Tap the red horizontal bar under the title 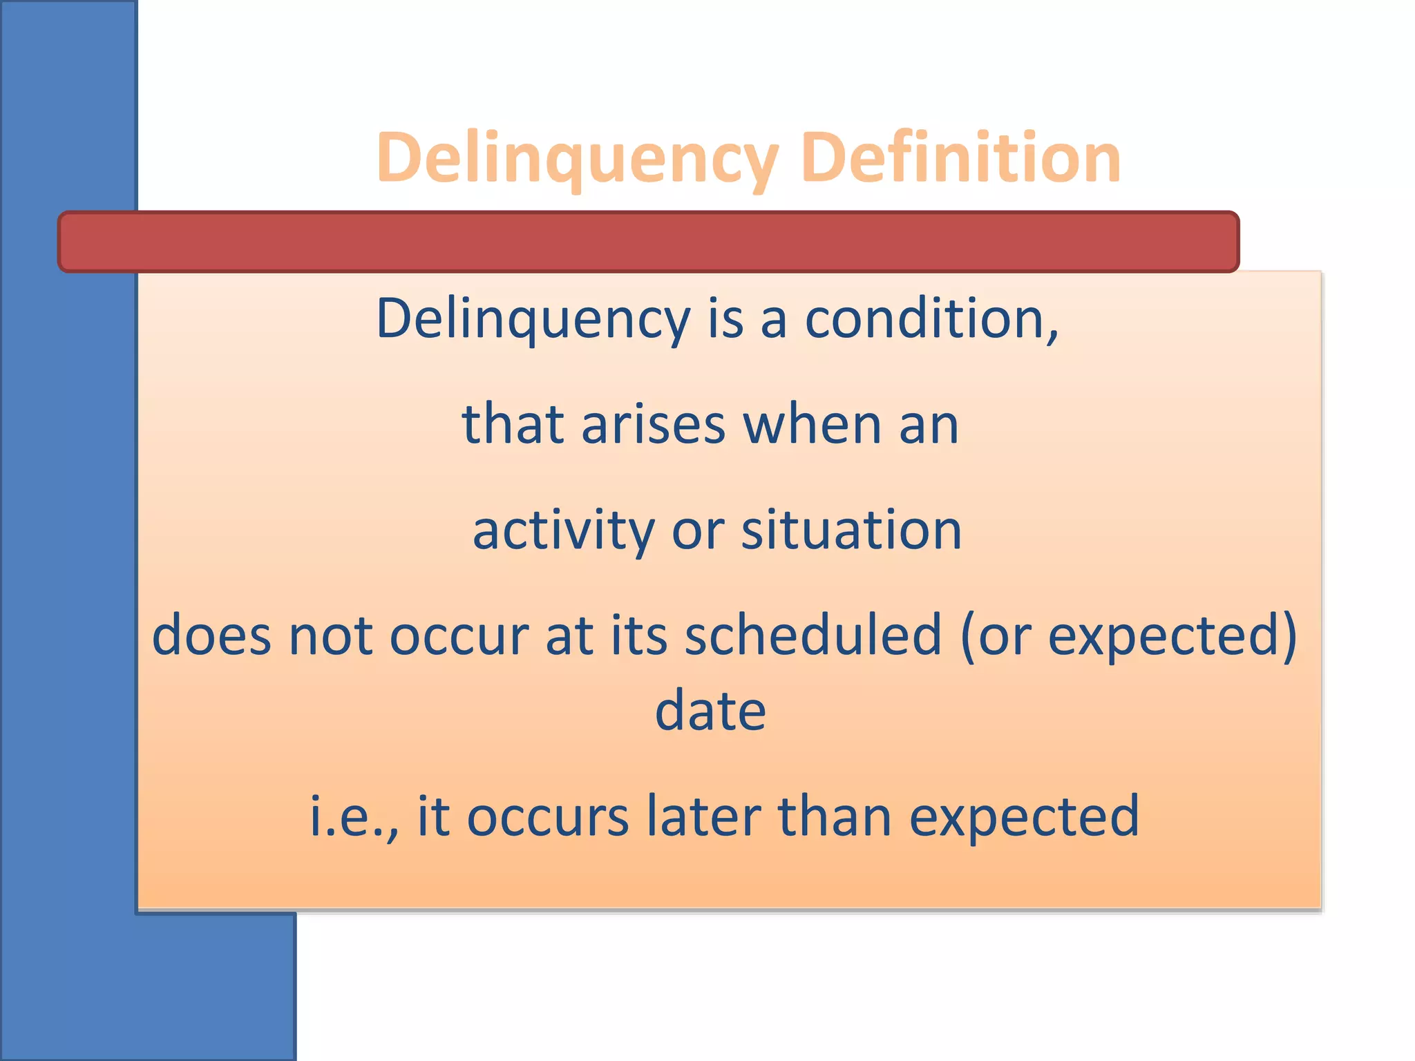648,242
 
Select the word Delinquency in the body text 533,319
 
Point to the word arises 653,424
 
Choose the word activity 563,530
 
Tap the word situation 851,530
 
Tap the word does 211,635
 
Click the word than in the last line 834,816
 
